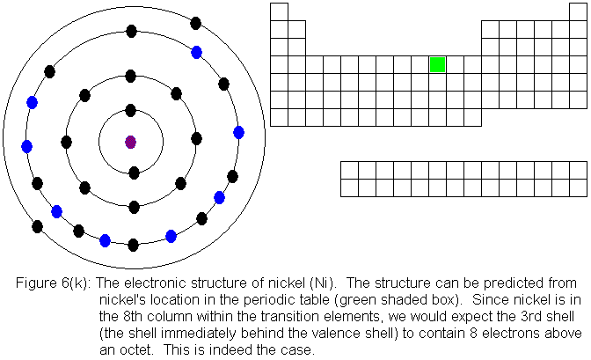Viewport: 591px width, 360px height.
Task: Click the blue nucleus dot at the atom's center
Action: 131,142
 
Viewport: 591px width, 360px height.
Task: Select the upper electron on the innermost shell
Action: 131,111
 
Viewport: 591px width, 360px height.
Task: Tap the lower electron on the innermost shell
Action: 134,173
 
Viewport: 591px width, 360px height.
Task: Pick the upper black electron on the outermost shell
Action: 195,23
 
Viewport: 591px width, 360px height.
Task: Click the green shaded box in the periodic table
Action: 437,64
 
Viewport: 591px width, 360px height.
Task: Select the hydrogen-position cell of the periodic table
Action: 279,11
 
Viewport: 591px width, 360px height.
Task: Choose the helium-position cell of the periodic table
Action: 578,11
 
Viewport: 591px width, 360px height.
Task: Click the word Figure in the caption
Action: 36,283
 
